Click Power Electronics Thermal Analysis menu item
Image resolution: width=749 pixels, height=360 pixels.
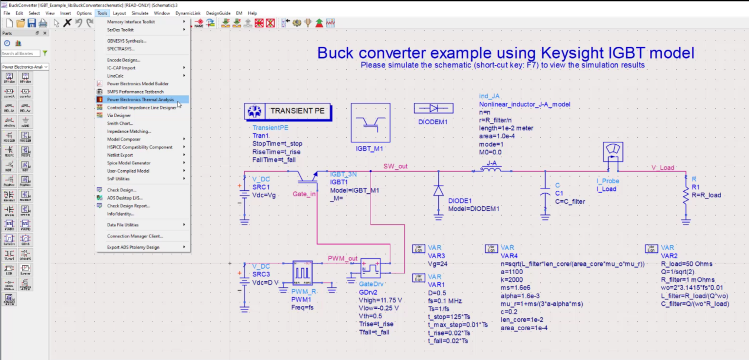tap(140, 100)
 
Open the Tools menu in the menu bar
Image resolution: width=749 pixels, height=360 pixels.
tap(102, 13)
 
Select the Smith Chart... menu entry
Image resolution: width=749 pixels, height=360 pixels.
tap(120, 123)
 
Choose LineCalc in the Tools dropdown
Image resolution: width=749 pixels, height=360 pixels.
tap(116, 76)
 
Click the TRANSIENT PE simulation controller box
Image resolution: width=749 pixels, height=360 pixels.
tap(287, 111)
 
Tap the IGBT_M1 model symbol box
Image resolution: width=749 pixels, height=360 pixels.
tap(370, 122)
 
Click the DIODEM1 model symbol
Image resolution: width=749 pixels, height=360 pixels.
tap(434, 108)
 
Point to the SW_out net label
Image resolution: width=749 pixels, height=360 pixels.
tap(395, 166)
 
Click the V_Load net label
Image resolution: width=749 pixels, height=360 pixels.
tap(663, 168)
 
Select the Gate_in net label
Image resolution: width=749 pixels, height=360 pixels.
tap(304, 194)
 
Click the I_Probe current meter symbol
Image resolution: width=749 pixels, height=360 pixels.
tap(613, 152)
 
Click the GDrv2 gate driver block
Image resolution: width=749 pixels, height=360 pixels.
tap(371, 269)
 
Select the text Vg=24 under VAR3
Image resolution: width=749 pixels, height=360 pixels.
tap(437, 264)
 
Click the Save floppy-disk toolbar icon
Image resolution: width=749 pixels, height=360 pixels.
tap(32, 23)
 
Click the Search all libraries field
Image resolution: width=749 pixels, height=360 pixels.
tap(20, 53)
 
